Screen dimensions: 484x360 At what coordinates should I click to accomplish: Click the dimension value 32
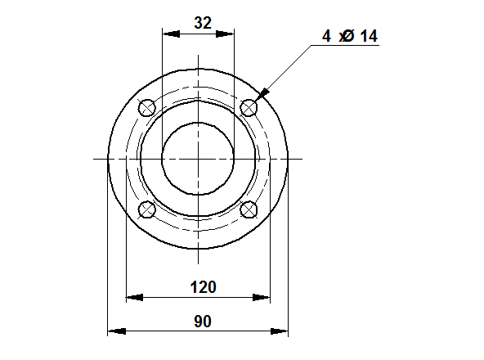point(203,23)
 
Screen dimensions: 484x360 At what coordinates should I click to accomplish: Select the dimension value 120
point(203,287)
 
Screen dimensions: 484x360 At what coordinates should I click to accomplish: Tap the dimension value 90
point(203,322)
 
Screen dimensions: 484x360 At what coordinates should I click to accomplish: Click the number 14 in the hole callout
point(369,36)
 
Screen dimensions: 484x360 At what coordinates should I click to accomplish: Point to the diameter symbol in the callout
point(348,36)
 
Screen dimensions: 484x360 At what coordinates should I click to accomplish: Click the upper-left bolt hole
point(147,108)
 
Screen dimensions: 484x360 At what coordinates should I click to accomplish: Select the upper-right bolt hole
point(249,108)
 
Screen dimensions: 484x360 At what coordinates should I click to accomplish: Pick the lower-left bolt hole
point(147,209)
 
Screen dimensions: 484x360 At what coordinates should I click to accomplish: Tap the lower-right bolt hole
point(249,209)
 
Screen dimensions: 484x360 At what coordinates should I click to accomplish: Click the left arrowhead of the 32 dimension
point(171,34)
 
